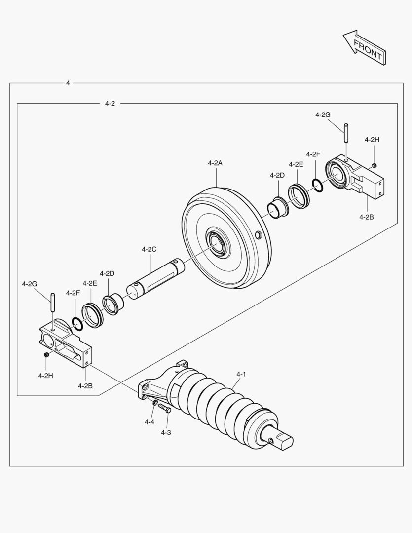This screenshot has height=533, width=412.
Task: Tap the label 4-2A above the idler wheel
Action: [x=215, y=163]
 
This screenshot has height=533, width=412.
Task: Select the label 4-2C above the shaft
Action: [x=149, y=249]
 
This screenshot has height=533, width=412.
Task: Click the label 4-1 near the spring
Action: [x=241, y=375]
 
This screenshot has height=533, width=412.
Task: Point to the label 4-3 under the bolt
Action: [x=166, y=432]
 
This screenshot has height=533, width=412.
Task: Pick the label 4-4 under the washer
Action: [x=150, y=422]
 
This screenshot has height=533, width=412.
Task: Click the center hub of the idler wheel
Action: [x=217, y=243]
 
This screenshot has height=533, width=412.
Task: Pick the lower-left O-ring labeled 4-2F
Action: [x=76, y=324]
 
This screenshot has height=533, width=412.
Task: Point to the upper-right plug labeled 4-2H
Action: [x=375, y=165]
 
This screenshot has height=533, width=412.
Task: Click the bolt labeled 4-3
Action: [x=164, y=408]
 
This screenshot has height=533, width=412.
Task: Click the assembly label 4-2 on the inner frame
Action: [x=110, y=104]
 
